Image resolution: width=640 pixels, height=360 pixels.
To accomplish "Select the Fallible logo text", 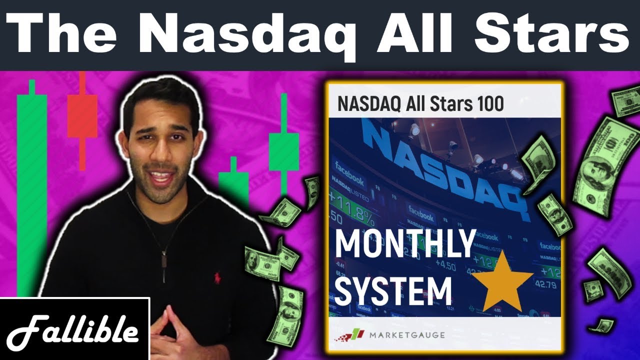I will click(x=74, y=331).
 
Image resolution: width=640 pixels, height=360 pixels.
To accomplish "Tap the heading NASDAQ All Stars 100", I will click(x=420, y=103).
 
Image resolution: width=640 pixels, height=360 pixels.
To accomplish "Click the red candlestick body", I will click(x=82, y=116).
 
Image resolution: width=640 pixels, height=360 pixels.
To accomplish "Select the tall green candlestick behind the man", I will click(x=31, y=190).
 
